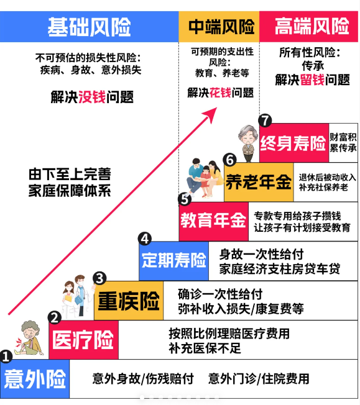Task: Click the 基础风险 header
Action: pos(90,27)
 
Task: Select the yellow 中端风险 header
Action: pos(219,27)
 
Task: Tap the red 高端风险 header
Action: pos(308,27)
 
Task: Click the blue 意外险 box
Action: pos(35,379)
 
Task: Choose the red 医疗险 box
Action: pos(83,340)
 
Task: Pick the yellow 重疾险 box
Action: pos(129,301)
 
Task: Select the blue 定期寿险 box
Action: pos(174,261)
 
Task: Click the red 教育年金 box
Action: pos(214,221)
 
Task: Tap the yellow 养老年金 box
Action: pos(259,182)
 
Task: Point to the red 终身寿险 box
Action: pos(294,143)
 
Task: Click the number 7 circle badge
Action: pos(265,121)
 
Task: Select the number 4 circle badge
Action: pos(145,239)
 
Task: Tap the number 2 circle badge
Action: pos(55,317)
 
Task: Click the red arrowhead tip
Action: pos(217,108)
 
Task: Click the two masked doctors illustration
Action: pos(78,296)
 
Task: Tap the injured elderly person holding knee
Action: pos(29,338)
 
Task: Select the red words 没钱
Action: pos(92,97)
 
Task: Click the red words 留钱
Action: pos(312,80)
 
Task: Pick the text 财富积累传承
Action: pos(343,143)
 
